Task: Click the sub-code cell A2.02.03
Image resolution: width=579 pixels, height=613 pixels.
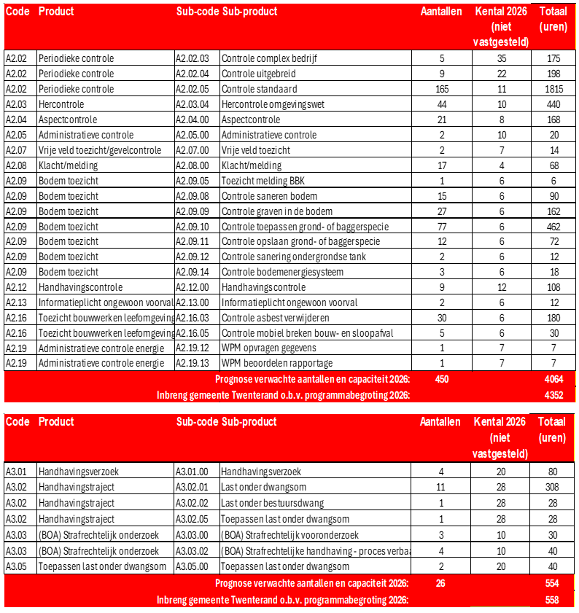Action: click(x=193, y=58)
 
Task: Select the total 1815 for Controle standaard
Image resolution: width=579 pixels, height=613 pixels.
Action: click(x=553, y=89)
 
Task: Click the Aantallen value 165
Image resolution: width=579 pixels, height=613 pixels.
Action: click(x=442, y=89)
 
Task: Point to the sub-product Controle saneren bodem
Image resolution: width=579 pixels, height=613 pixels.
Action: click(x=269, y=196)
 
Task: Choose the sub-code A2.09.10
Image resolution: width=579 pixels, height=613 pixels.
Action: click(x=193, y=227)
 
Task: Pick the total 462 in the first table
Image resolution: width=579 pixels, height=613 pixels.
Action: click(x=553, y=227)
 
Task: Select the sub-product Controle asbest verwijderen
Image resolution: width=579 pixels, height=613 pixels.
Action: click(x=275, y=317)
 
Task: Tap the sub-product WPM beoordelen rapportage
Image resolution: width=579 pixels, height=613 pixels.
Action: click(x=277, y=363)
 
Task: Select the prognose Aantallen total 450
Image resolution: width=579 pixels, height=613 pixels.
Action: click(x=442, y=379)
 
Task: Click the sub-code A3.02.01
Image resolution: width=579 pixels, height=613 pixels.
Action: click(x=193, y=487)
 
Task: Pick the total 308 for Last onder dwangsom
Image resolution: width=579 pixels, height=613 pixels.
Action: click(x=553, y=487)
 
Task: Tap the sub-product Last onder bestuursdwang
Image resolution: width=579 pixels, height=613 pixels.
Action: click(x=273, y=503)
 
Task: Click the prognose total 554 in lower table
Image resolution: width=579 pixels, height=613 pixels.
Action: click(x=553, y=583)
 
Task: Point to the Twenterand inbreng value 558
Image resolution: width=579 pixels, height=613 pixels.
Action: click(x=553, y=599)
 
